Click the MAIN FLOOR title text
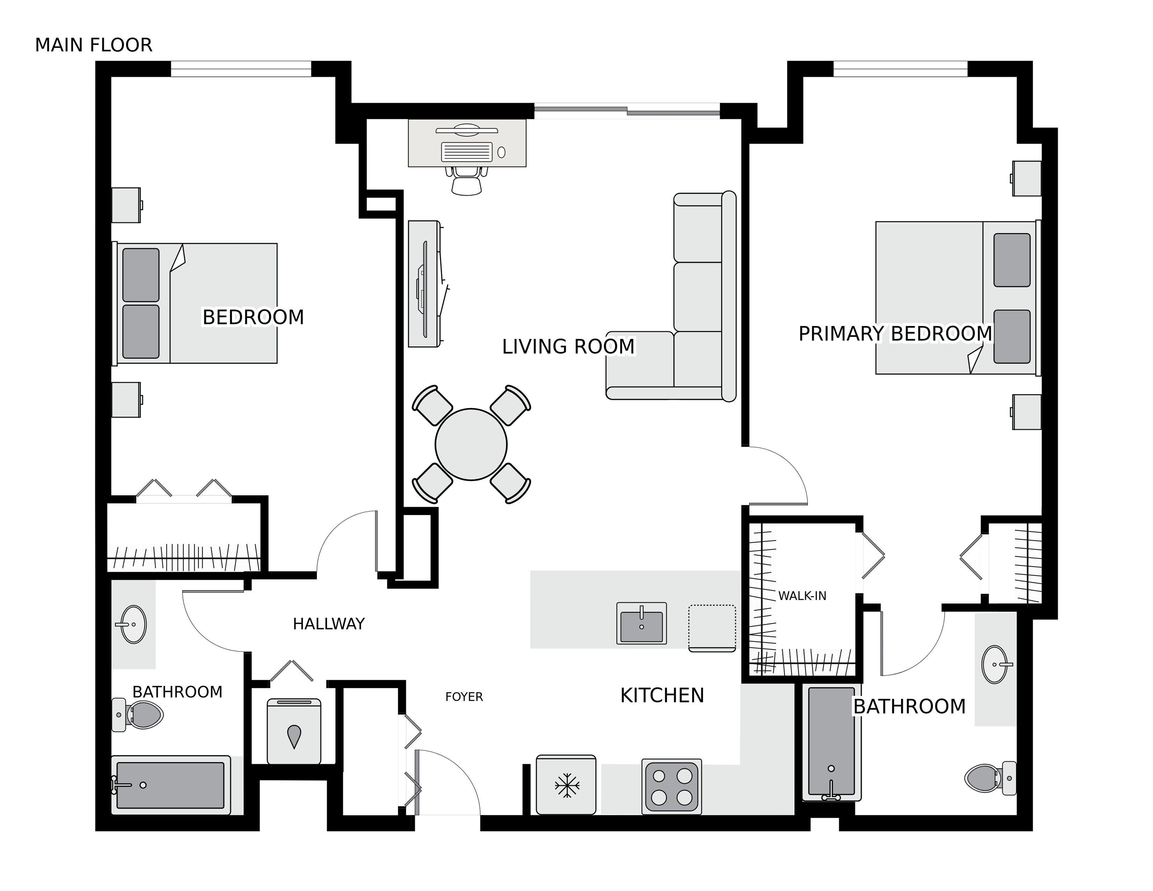click(94, 45)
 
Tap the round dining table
click(471, 444)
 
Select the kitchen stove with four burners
click(671, 786)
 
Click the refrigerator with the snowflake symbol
click(566, 784)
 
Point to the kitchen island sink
click(641, 623)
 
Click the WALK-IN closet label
click(802, 596)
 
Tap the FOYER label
click(464, 697)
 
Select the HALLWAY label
click(329, 624)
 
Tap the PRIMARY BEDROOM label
click(895, 334)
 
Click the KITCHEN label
click(662, 696)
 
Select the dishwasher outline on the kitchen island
click(712, 628)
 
